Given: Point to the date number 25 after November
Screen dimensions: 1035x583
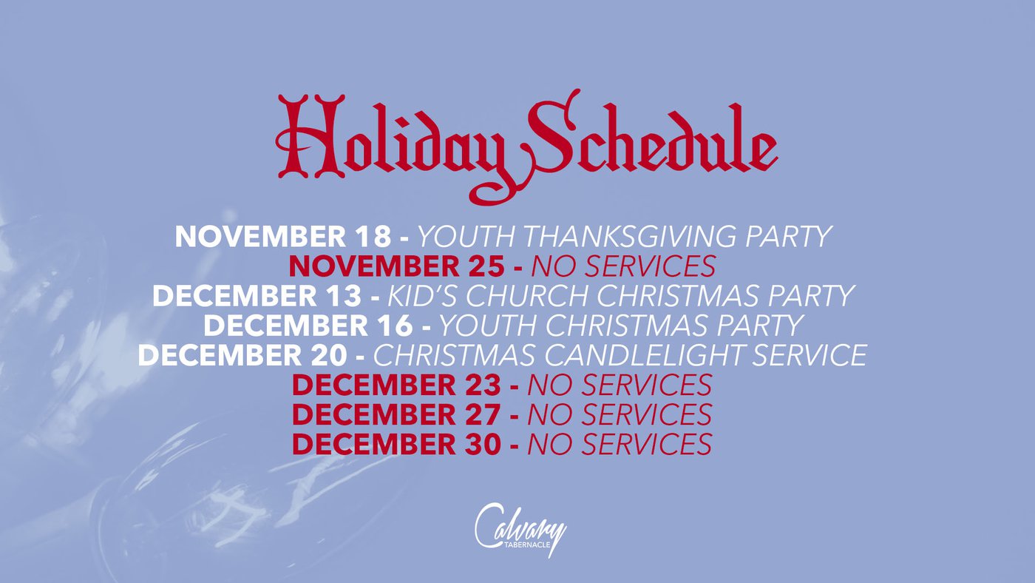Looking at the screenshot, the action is [486, 266].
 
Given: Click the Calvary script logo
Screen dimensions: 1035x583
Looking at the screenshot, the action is [520, 527].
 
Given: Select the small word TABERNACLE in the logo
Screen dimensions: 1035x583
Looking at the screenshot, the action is [527, 545].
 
